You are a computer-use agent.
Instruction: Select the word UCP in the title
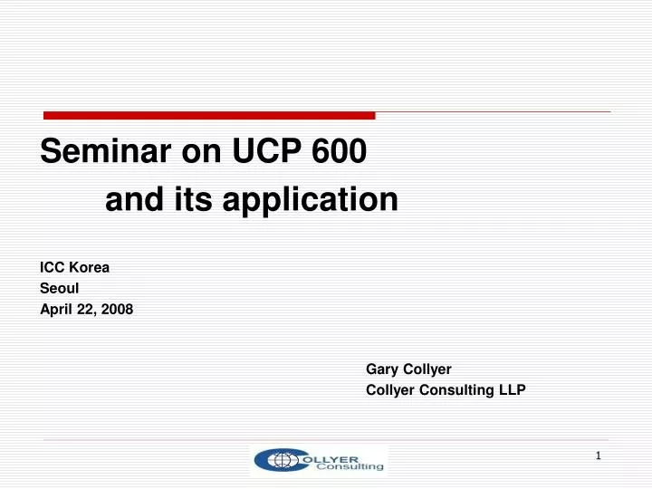(267, 153)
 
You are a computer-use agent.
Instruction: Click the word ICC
(53, 268)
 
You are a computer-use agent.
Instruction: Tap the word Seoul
(60, 289)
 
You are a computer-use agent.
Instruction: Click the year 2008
(118, 309)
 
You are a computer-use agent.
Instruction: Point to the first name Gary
(382, 369)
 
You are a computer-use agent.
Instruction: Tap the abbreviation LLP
(512, 390)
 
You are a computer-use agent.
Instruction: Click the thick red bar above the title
(209, 115)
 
